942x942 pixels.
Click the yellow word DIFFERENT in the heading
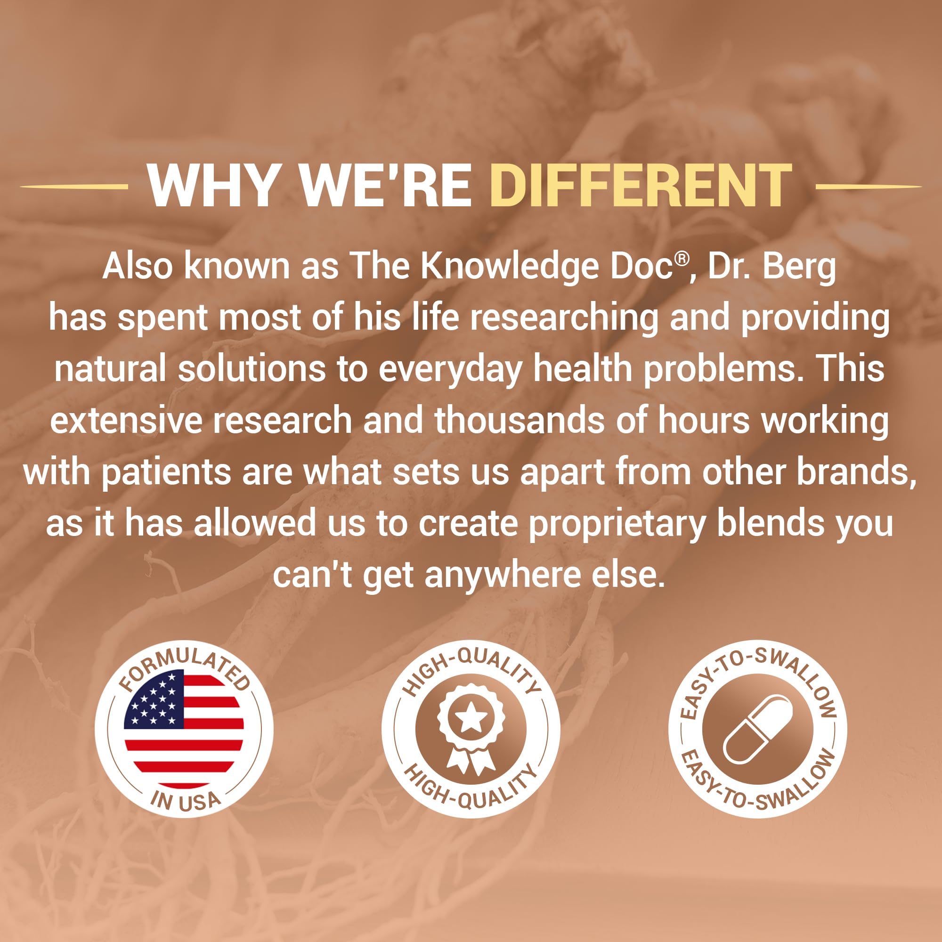(x=641, y=185)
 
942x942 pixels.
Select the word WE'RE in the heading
(x=385, y=185)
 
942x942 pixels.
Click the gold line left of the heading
(x=74, y=186)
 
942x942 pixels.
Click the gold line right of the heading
(x=868, y=186)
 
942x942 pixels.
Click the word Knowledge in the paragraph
(x=509, y=267)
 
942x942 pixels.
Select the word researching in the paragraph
(x=564, y=318)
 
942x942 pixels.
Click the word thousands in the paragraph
(x=519, y=420)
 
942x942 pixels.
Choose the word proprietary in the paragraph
(x=617, y=524)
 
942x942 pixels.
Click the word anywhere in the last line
(x=502, y=576)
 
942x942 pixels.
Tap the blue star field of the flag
(x=154, y=698)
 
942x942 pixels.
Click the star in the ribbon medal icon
(x=471, y=717)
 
